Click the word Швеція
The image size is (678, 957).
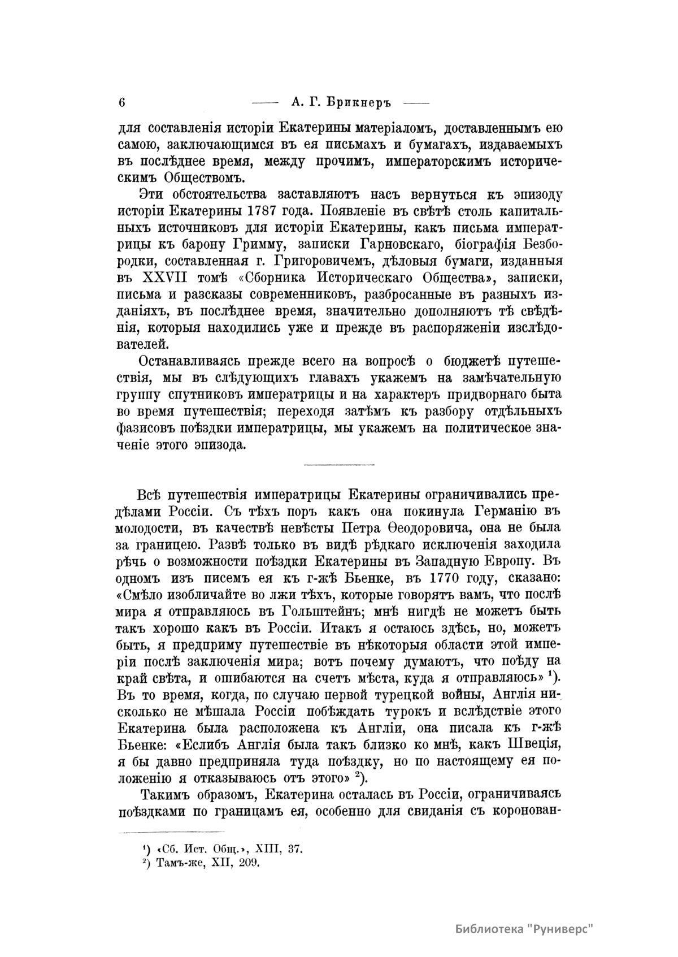529,742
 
